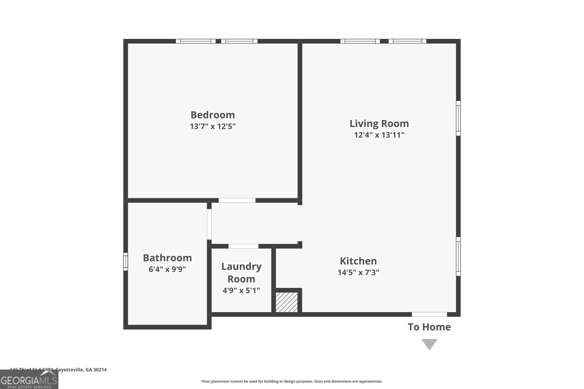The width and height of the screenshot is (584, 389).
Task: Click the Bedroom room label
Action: (212, 115)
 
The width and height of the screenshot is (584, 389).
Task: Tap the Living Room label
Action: (379, 123)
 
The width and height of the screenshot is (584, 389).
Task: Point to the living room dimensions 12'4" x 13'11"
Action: (379, 135)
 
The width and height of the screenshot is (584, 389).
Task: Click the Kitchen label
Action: (358, 261)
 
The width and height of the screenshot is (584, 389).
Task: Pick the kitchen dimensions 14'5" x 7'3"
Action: (358, 273)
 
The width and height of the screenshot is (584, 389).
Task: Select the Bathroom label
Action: (167, 258)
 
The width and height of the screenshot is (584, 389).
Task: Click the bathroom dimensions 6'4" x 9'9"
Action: (167, 269)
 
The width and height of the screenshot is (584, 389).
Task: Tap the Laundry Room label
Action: (241, 273)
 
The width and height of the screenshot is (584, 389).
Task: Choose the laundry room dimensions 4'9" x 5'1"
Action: (241, 291)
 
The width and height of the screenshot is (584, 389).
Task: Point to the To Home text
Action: (429, 327)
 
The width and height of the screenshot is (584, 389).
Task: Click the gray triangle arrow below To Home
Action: (429, 344)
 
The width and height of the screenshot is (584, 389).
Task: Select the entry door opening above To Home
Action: (429, 314)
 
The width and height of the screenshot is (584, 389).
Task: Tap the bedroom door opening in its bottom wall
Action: (237, 201)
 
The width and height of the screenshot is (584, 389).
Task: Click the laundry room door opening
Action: (243, 246)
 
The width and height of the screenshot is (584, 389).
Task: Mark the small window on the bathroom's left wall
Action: (126, 261)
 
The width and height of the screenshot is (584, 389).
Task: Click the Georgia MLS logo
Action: (29, 380)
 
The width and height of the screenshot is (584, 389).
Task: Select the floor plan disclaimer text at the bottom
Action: (292, 381)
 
